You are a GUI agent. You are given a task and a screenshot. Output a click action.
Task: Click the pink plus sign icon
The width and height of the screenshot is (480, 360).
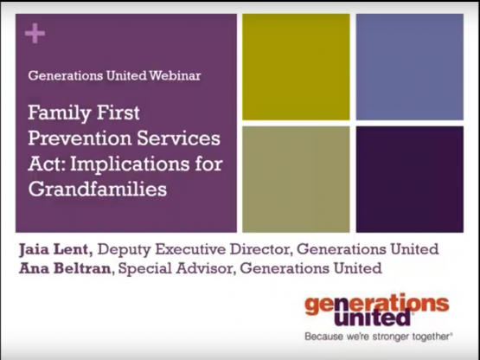coord(35,33)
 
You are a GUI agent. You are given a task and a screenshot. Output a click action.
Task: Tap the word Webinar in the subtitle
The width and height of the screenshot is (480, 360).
coord(175,75)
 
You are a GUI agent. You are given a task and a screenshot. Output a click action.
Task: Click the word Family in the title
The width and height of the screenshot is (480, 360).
coord(60,113)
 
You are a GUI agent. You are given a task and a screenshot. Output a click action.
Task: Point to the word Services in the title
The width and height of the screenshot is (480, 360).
coord(178,138)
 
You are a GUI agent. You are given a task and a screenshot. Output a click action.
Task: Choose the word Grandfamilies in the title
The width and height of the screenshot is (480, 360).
coord(98,189)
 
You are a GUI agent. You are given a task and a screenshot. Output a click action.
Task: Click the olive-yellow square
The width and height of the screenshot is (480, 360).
coord(296,67)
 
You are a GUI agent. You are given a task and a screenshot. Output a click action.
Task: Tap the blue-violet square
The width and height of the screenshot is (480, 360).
coord(410,67)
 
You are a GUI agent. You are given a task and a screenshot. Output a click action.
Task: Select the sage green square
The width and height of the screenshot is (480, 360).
coord(296,179)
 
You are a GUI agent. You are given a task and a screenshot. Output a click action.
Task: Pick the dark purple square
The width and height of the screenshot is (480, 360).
coord(410,179)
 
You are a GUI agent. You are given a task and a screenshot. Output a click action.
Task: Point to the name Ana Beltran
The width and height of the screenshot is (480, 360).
coord(65,268)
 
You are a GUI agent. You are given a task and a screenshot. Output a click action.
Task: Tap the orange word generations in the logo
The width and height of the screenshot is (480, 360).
coord(377,304)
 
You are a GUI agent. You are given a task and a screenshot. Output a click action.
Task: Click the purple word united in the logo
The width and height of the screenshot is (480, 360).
coord(372,318)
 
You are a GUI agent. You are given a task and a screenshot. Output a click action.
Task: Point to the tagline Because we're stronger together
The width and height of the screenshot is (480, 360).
coord(378,337)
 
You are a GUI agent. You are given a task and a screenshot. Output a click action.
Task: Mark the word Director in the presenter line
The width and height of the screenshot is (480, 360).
coord(260,249)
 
